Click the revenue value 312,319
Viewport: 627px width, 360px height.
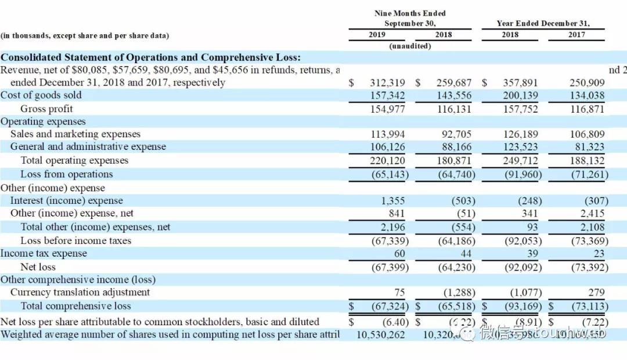tap(387, 83)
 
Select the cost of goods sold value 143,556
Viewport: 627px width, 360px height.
tap(454, 96)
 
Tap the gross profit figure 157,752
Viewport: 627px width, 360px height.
tap(520, 109)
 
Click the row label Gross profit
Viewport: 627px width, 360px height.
tap(46, 109)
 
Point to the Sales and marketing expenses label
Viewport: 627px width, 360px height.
tap(75, 134)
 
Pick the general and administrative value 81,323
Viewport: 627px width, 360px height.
tap(587, 147)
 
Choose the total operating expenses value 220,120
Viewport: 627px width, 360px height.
tap(387, 161)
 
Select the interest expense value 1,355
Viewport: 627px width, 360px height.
tap(393, 201)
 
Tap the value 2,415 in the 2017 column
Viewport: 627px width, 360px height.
tap(592, 214)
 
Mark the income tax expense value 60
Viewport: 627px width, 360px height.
tap(399, 254)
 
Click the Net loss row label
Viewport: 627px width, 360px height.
tap(38, 267)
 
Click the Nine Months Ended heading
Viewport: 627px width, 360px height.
tap(410, 13)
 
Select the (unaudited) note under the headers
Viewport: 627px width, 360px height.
tap(410, 46)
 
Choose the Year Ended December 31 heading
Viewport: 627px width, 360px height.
tap(543, 24)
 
